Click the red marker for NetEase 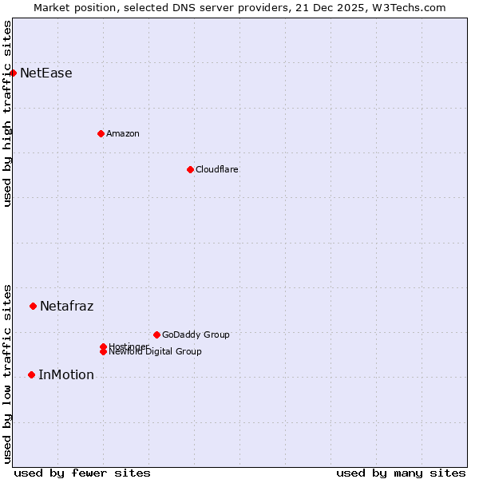[13, 73]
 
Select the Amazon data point [101, 133]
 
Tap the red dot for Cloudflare [190, 169]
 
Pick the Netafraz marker [33, 306]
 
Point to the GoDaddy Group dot [156, 335]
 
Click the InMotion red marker [31, 374]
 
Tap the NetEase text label [46, 73]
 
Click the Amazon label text [122, 133]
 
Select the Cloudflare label [216, 169]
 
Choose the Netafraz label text [66, 306]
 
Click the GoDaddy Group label [196, 335]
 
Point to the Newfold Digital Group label [155, 352]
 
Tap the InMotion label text [65, 374]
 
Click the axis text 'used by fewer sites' [82, 473]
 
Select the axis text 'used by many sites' [401, 473]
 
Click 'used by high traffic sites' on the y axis [7, 113]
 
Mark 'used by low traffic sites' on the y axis [7, 373]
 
